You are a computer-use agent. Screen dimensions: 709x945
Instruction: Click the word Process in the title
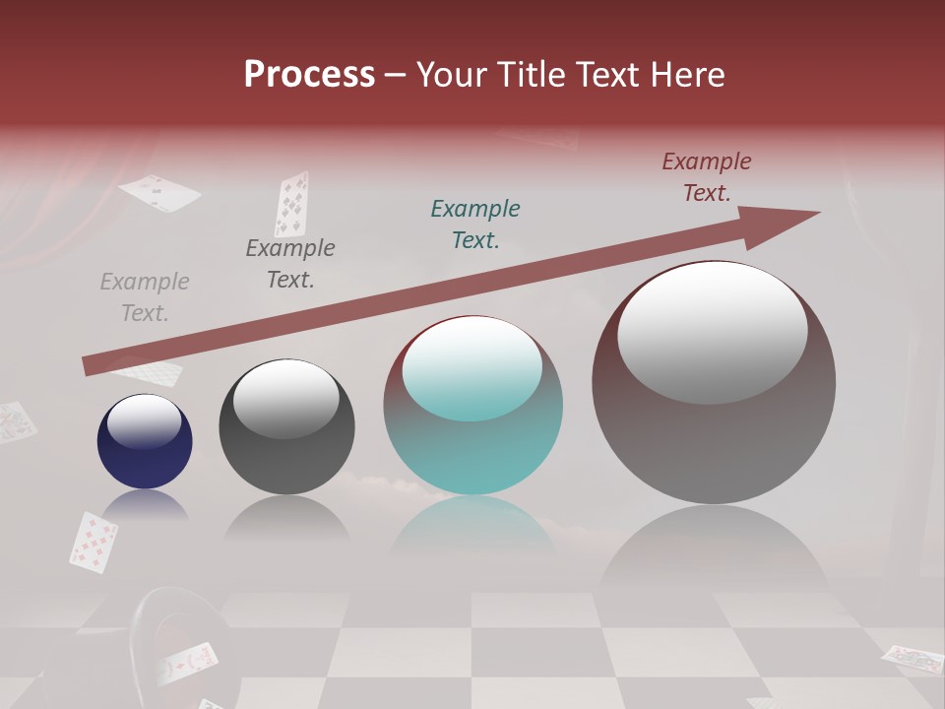click(x=309, y=74)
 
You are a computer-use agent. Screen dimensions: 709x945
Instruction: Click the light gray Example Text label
click(x=145, y=297)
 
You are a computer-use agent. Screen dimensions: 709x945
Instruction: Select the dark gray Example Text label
click(x=290, y=264)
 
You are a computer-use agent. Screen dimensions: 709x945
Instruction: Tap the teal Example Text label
click(x=475, y=224)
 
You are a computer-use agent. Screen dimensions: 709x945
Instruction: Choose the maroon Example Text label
click(x=707, y=177)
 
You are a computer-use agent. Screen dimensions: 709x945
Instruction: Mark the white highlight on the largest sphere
click(x=713, y=333)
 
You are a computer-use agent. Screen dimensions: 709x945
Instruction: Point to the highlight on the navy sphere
click(x=145, y=421)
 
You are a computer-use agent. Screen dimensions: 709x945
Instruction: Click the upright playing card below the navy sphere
click(x=94, y=541)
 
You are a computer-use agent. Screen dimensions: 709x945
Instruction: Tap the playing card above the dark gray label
click(x=290, y=204)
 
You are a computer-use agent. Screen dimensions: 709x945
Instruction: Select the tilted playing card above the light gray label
click(x=159, y=192)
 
